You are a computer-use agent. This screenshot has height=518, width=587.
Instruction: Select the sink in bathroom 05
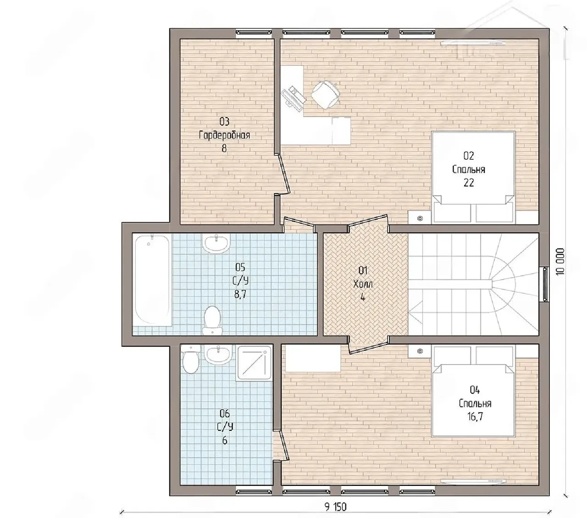[x=216, y=243]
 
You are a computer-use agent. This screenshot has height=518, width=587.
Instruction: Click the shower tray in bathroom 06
[x=255, y=363]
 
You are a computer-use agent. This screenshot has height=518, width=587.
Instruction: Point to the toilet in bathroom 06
[x=190, y=359]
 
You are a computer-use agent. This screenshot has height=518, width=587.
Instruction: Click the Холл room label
[x=363, y=284]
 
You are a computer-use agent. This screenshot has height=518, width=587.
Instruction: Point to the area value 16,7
[x=475, y=417]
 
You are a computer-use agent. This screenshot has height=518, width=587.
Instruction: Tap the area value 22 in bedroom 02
[x=469, y=183]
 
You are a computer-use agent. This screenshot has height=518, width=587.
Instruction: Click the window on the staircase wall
[x=546, y=284]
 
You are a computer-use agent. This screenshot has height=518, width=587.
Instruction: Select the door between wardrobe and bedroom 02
[x=284, y=174]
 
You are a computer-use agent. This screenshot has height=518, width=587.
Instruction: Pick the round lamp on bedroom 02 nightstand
[x=420, y=218]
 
